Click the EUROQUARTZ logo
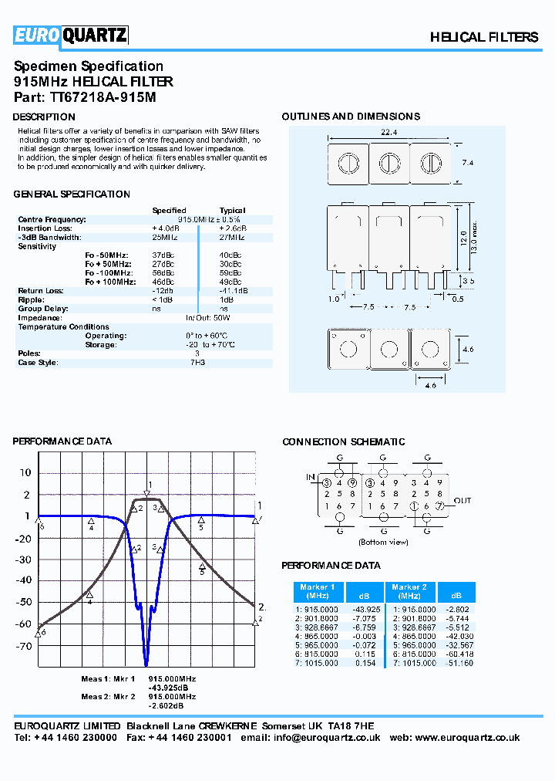(x=70, y=35)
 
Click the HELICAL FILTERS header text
(x=483, y=37)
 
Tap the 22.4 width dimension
(x=388, y=133)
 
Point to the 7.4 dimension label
(x=468, y=164)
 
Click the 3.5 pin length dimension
(x=469, y=280)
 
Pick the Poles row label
(x=29, y=353)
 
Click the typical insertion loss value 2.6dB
(x=232, y=228)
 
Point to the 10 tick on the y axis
(x=25, y=473)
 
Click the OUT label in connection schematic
(x=462, y=501)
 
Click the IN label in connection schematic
(x=311, y=478)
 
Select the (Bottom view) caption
(x=383, y=543)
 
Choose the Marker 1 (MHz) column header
(x=317, y=592)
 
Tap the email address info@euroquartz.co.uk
(x=337, y=738)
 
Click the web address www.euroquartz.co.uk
(x=471, y=738)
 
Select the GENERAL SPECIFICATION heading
(x=72, y=194)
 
